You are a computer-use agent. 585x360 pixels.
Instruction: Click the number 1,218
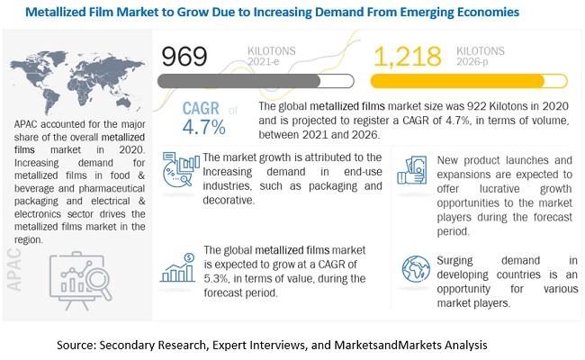pos(406,57)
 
